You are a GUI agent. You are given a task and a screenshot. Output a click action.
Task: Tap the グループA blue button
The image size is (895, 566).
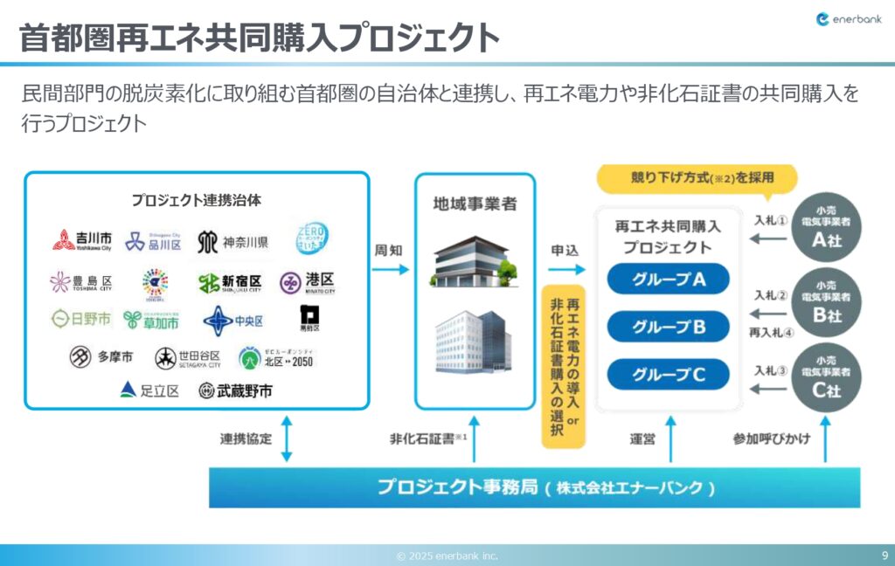tap(669, 280)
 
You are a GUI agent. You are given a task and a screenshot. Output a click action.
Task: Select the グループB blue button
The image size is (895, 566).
tap(669, 328)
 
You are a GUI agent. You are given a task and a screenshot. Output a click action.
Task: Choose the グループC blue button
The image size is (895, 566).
tap(669, 375)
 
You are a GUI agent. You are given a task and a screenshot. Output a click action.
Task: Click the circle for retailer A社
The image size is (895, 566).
tap(826, 224)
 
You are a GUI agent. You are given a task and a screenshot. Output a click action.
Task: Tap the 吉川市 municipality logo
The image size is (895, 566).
tap(82, 240)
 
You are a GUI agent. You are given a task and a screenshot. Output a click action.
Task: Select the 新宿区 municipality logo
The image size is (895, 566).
tap(230, 283)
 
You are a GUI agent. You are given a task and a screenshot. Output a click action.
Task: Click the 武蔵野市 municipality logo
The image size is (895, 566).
tap(235, 390)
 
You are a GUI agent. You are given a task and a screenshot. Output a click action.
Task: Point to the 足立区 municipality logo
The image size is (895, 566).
tap(149, 390)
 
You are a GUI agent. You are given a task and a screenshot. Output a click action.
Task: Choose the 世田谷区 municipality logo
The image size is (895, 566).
tap(188, 357)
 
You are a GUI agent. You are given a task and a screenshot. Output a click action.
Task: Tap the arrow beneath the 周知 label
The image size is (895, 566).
tap(390, 270)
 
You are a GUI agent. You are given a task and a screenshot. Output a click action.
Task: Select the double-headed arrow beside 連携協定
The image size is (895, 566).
tap(287, 439)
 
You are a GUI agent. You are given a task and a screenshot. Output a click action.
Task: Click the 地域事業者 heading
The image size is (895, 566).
tap(475, 204)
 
